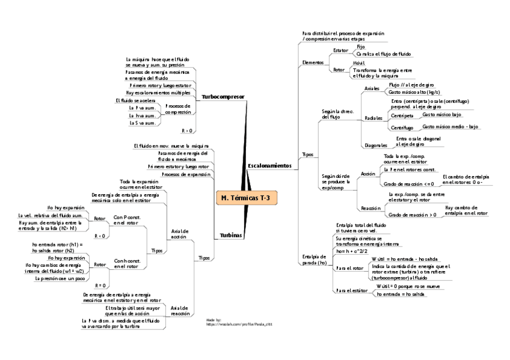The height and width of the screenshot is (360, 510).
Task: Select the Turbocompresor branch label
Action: (223, 97)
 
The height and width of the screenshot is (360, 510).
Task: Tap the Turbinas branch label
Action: (231, 236)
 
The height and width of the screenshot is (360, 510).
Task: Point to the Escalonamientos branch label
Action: (269, 165)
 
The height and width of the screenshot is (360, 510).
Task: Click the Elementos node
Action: (313, 63)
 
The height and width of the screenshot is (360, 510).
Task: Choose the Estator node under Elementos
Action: (340, 50)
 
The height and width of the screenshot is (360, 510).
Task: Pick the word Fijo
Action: (360, 46)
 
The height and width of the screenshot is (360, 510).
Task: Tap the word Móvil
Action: (359, 63)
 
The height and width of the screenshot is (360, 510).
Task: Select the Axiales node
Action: (372, 88)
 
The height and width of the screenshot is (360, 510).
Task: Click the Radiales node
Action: (373, 118)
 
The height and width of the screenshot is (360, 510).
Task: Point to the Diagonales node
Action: (376, 145)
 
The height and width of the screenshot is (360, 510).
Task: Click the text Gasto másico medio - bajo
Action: (450, 127)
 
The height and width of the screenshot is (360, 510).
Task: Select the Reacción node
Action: (370, 207)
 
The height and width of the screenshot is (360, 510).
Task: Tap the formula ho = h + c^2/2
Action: (352, 251)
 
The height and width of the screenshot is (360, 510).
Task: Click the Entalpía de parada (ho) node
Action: (315, 259)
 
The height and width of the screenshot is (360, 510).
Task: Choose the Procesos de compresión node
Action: (178, 109)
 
